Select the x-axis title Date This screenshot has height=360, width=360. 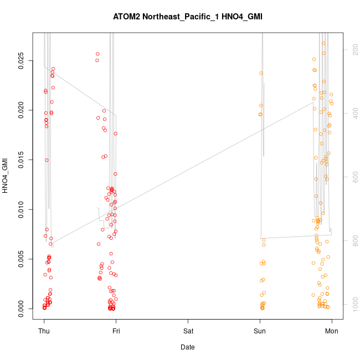(x=187, y=347)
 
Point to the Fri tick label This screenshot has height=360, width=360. (x=116, y=331)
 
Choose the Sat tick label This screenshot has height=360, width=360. (x=188, y=331)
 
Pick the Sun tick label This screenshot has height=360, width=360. (x=260, y=331)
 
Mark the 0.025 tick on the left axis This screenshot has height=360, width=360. (x=20, y=61)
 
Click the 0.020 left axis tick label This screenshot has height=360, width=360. (x=20, y=111)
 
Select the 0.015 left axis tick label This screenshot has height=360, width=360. (x=20, y=160)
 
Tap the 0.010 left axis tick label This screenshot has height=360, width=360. (x=20, y=209)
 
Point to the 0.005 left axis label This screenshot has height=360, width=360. (x=20, y=259)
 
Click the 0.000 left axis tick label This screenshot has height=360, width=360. (x=20, y=308)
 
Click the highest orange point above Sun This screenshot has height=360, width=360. (x=261, y=73)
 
